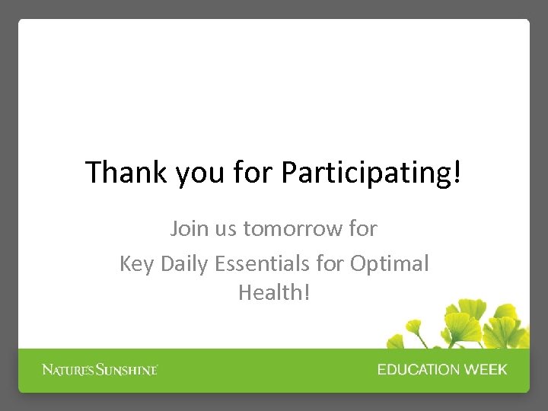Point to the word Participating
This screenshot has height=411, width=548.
(x=366, y=174)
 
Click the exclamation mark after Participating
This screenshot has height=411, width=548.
(x=457, y=173)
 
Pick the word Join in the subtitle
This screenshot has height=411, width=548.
(x=187, y=228)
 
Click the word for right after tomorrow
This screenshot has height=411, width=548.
(x=362, y=228)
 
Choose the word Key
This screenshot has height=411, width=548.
(x=135, y=264)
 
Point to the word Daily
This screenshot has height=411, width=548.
(x=183, y=264)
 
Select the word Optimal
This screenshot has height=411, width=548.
(x=390, y=264)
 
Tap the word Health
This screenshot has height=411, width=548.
(x=271, y=292)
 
